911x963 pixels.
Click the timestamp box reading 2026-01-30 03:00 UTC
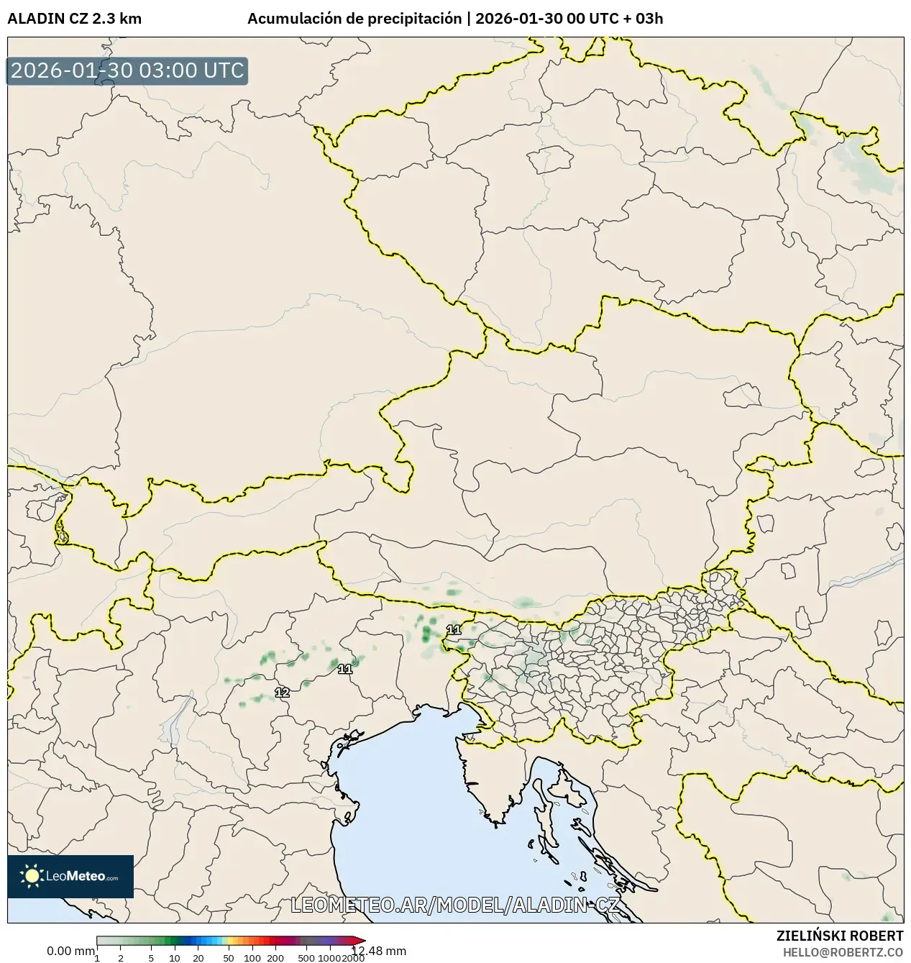(127, 71)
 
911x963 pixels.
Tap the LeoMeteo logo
(70, 876)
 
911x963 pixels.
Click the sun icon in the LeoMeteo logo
(32, 875)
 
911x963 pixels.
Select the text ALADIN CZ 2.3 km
(74, 19)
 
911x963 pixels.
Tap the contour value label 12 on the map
(282, 693)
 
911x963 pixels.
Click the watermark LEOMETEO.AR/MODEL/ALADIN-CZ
(454, 905)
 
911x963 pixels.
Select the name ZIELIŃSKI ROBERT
(840, 936)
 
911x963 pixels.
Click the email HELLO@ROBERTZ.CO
(843, 951)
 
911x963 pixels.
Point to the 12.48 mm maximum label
(379, 951)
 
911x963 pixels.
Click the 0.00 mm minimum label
(70, 951)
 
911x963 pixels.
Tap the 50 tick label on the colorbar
(228, 957)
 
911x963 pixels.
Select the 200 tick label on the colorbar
(275, 957)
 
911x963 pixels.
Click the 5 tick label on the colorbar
(151, 957)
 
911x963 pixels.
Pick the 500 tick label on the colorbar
(306, 957)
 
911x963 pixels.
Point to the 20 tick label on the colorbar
(198, 957)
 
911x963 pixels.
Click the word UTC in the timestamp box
(223, 71)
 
